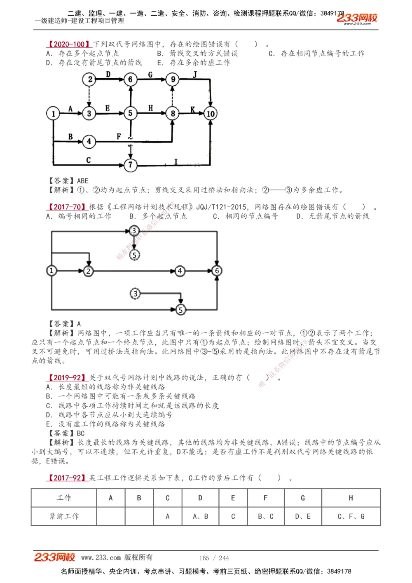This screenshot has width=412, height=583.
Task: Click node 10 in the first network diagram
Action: [x=210, y=114]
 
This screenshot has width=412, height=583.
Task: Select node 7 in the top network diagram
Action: [x=131, y=165]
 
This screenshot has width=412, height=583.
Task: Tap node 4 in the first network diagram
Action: [x=89, y=142]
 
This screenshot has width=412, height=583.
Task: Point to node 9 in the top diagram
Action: [x=173, y=79]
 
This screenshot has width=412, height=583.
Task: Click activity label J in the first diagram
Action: [x=195, y=75]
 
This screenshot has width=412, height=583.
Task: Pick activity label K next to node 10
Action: [x=193, y=110]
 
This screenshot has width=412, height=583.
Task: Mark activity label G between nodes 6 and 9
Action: [x=150, y=75]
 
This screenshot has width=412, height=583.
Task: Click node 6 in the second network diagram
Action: [x=217, y=271]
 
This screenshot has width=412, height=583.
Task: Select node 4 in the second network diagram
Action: [x=180, y=271]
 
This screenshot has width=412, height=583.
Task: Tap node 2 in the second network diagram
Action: [x=89, y=271]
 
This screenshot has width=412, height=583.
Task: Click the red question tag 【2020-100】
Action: [x=69, y=44]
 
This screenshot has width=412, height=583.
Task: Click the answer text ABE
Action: [x=83, y=181]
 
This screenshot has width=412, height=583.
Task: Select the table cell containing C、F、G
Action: [x=351, y=516]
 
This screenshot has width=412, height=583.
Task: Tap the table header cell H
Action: [x=351, y=498]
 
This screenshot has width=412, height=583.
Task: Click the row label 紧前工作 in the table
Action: [x=64, y=516]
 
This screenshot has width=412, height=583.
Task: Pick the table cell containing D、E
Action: [x=303, y=516]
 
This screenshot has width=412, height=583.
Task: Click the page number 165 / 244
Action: [x=214, y=558]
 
